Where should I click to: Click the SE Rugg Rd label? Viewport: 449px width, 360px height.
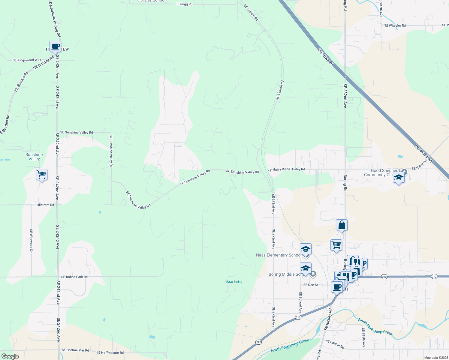coord(184,4)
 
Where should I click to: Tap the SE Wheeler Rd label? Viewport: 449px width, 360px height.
coord(395,25)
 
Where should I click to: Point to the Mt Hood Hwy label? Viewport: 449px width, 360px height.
coord(423,154)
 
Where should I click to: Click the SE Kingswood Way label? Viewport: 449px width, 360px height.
coord(27,60)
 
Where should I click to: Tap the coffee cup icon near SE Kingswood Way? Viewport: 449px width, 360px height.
coord(55,46)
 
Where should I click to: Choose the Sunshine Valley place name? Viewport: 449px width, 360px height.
coord(34,157)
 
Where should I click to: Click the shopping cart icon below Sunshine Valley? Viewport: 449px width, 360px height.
coord(41,174)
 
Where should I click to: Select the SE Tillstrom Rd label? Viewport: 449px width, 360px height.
coord(43,205)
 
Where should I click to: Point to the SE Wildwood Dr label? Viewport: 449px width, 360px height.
coord(31,241)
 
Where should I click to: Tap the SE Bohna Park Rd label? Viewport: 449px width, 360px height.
coord(74,277)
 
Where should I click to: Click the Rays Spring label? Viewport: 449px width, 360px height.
coord(234,282)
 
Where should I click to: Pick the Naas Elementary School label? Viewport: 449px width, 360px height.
coord(278,255)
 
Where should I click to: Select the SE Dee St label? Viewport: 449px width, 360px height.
coord(310,285)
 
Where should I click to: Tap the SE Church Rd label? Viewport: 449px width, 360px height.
coord(335,344)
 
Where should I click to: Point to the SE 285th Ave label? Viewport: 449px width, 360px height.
coord(363,337)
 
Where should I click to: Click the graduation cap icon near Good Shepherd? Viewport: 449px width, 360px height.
coord(399,178)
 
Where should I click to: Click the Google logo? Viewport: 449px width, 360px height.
coord(10,356)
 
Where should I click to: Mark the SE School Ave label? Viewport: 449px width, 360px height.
coord(300,303)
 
